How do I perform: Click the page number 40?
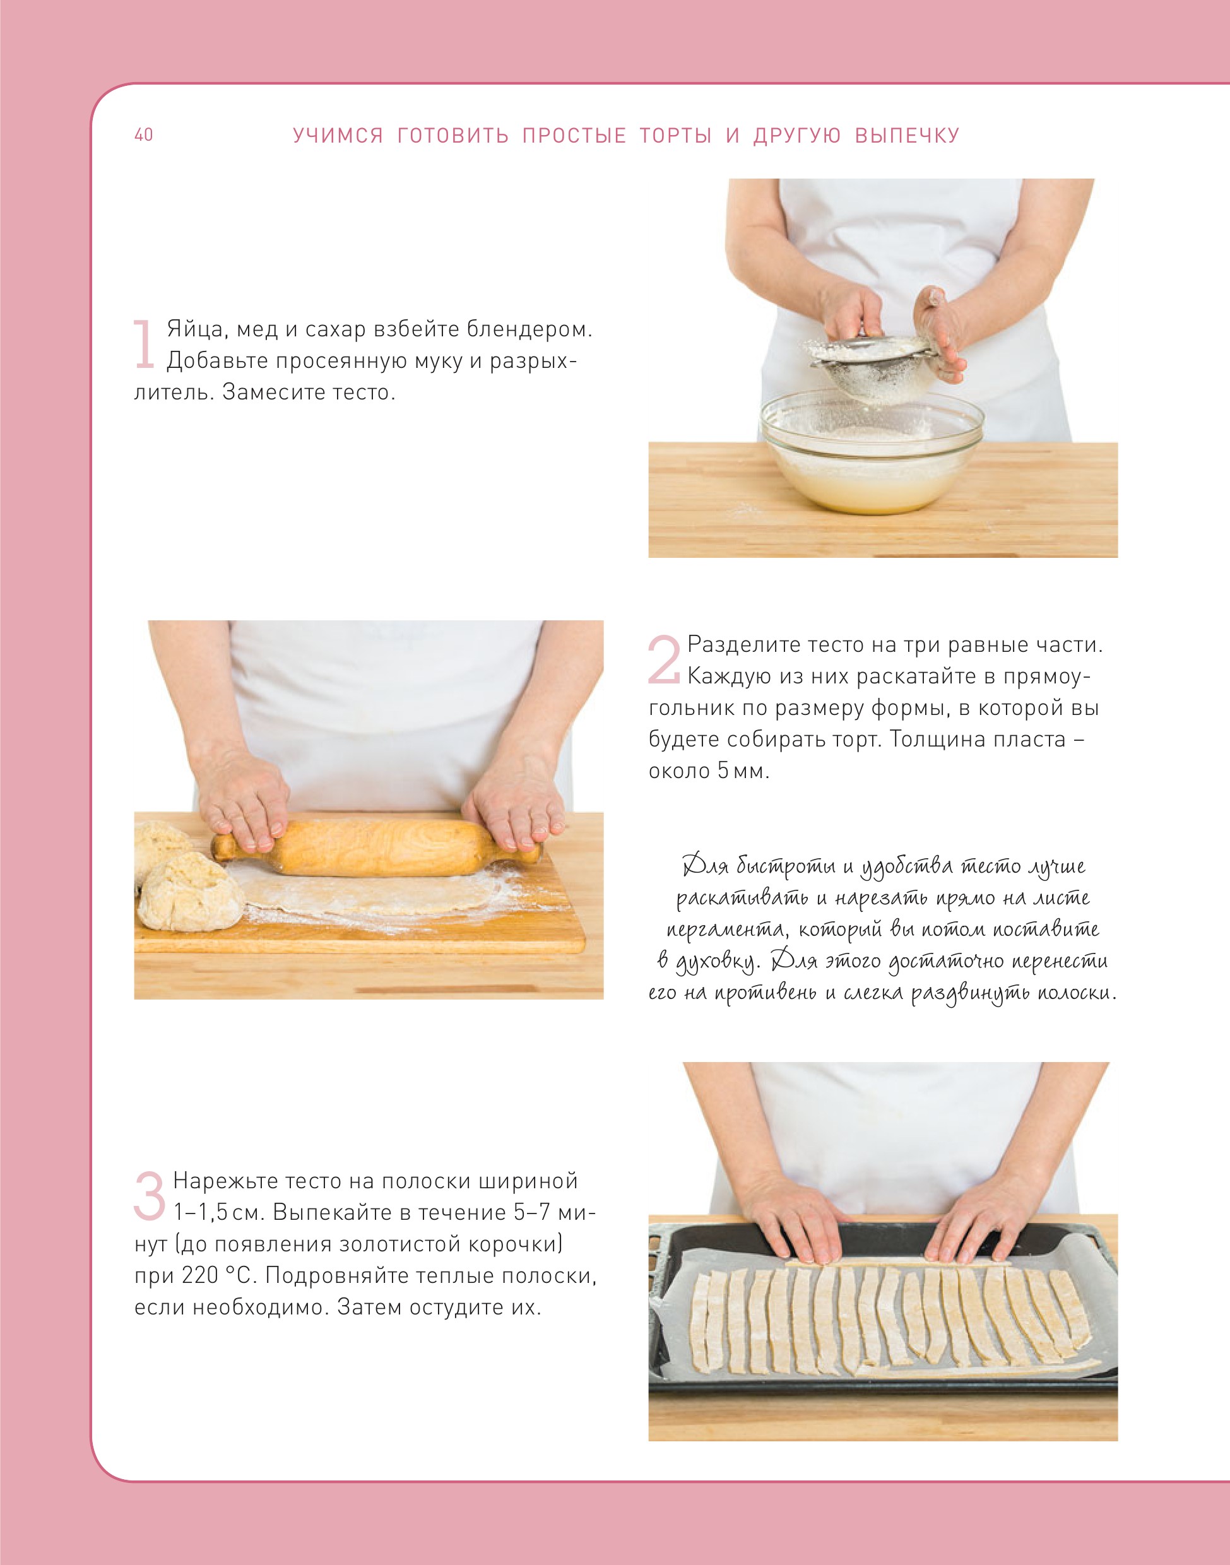click(143, 134)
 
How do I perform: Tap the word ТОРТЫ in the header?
click(675, 136)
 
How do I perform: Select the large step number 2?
click(664, 659)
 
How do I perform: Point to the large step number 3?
click(150, 1196)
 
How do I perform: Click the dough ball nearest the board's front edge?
click(190, 892)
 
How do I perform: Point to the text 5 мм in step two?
click(743, 771)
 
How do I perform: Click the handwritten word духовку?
click(716, 962)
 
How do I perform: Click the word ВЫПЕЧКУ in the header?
click(908, 136)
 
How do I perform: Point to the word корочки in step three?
click(512, 1244)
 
